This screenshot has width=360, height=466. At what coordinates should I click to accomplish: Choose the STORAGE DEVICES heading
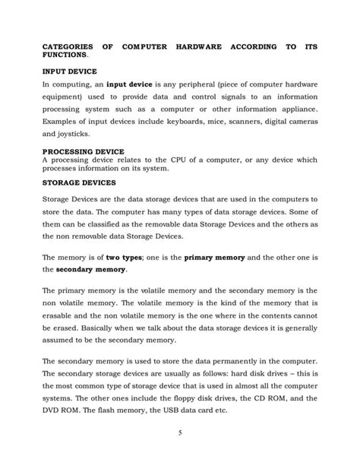click(x=78, y=182)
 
